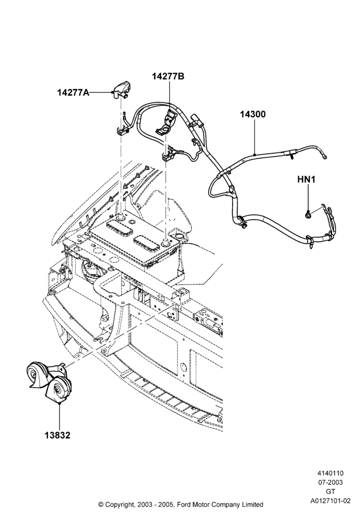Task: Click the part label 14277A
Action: tap(73, 93)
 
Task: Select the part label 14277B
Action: tap(168, 77)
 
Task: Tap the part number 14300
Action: tap(253, 115)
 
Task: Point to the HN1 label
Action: tap(306, 179)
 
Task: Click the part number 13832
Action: tap(58, 435)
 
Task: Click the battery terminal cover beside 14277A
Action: tap(122, 90)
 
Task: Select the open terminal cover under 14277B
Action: tap(167, 123)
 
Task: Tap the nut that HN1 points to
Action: tap(308, 215)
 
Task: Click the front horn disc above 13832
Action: tap(58, 390)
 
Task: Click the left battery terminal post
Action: tap(122, 216)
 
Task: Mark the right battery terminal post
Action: tap(166, 242)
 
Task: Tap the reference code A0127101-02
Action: tap(331, 501)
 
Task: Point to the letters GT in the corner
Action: tap(330, 491)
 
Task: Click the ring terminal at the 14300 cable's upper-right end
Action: tap(325, 157)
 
